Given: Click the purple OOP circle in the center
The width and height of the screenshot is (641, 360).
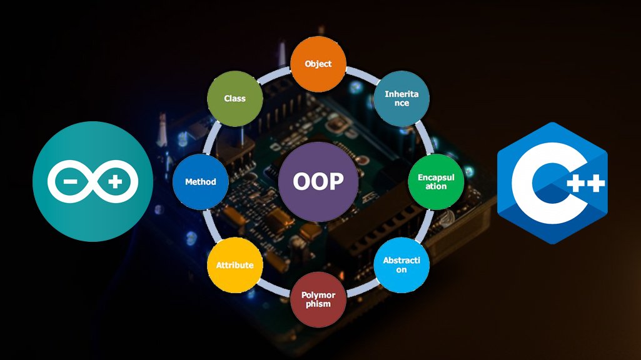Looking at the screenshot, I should click(318, 181).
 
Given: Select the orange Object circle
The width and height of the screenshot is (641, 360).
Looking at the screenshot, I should click(318, 64).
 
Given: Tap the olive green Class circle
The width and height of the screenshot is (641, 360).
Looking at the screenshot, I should click(235, 98).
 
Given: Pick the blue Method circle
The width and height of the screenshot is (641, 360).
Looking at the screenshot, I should click(200, 182).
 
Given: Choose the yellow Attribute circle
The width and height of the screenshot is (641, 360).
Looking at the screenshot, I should click(235, 265).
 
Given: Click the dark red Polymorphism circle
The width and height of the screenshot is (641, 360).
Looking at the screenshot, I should click(318, 299).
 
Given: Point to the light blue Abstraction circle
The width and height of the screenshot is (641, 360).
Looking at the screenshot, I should click(401, 265).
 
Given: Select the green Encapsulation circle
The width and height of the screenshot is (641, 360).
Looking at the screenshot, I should click(436, 182).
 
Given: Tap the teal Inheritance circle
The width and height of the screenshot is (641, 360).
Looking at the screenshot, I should click(401, 98).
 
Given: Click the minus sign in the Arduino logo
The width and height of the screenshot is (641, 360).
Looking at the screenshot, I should click(69, 182).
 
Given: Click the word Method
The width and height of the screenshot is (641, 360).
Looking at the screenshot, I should click(200, 182).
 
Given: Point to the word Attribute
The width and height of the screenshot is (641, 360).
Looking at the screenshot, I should click(235, 265).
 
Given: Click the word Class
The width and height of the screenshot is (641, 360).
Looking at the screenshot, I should click(235, 98).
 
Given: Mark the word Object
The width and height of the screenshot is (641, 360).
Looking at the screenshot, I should click(318, 64).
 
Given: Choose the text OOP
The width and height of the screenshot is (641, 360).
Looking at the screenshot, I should click(318, 181).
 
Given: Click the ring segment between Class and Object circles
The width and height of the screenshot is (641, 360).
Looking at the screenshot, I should click(275, 74).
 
